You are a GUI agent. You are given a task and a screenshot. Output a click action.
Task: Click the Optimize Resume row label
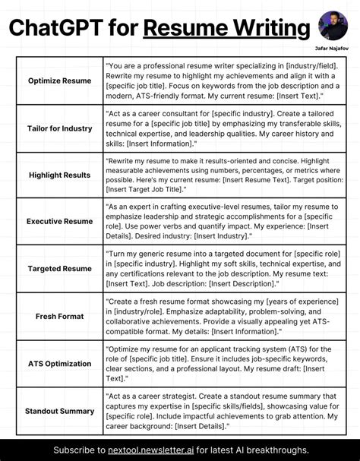click(59, 80)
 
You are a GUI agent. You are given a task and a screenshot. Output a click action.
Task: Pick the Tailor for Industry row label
click(59, 128)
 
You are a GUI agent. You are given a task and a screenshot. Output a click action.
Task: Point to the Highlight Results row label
click(59, 175)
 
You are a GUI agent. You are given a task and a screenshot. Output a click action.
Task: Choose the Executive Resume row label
click(59, 222)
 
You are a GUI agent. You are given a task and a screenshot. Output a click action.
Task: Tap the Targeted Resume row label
click(59, 269)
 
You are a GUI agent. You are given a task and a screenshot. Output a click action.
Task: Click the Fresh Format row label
click(59, 316)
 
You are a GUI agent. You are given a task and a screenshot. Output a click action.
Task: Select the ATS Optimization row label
click(59, 363)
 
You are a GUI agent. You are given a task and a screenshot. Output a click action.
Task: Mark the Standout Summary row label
click(59, 411)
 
